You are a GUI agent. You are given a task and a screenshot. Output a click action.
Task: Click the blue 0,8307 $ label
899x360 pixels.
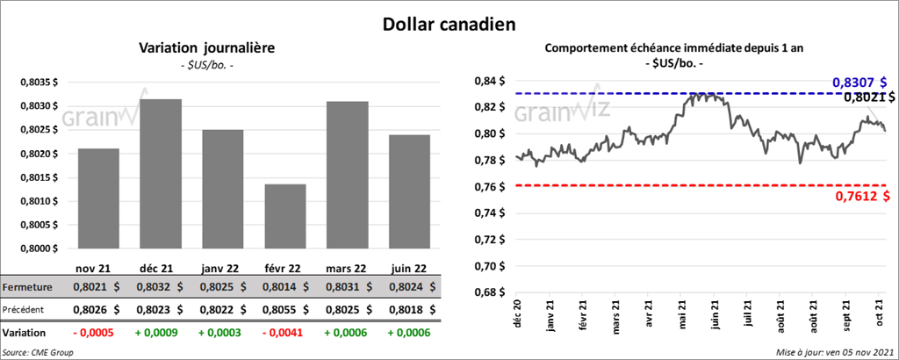[x=862, y=83]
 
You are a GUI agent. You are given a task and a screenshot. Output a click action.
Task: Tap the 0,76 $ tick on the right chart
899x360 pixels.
[x=489, y=187]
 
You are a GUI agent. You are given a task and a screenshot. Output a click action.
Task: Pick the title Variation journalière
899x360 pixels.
[x=205, y=48]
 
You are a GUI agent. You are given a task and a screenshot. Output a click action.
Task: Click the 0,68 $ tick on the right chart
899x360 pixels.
[x=489, y=292]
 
